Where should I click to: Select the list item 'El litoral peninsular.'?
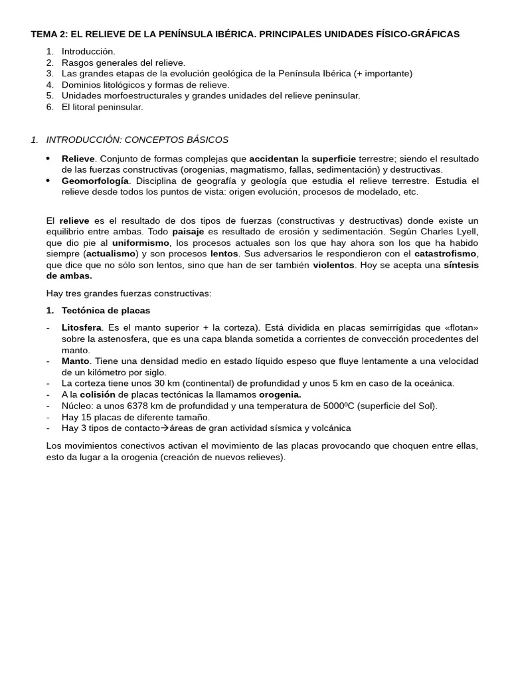(102, 107)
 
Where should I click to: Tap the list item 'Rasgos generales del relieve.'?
(124, 62)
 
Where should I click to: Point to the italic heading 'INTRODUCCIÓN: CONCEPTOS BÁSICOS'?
(137, 139)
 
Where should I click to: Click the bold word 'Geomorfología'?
(95, 181)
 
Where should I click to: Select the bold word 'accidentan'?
(274, 159)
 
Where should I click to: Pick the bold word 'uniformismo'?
(141, 242)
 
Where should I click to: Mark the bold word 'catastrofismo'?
(446, 254)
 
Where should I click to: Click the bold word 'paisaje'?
(188, 231)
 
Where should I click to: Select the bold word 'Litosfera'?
(82, 327)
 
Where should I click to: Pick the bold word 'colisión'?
(98, 394)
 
